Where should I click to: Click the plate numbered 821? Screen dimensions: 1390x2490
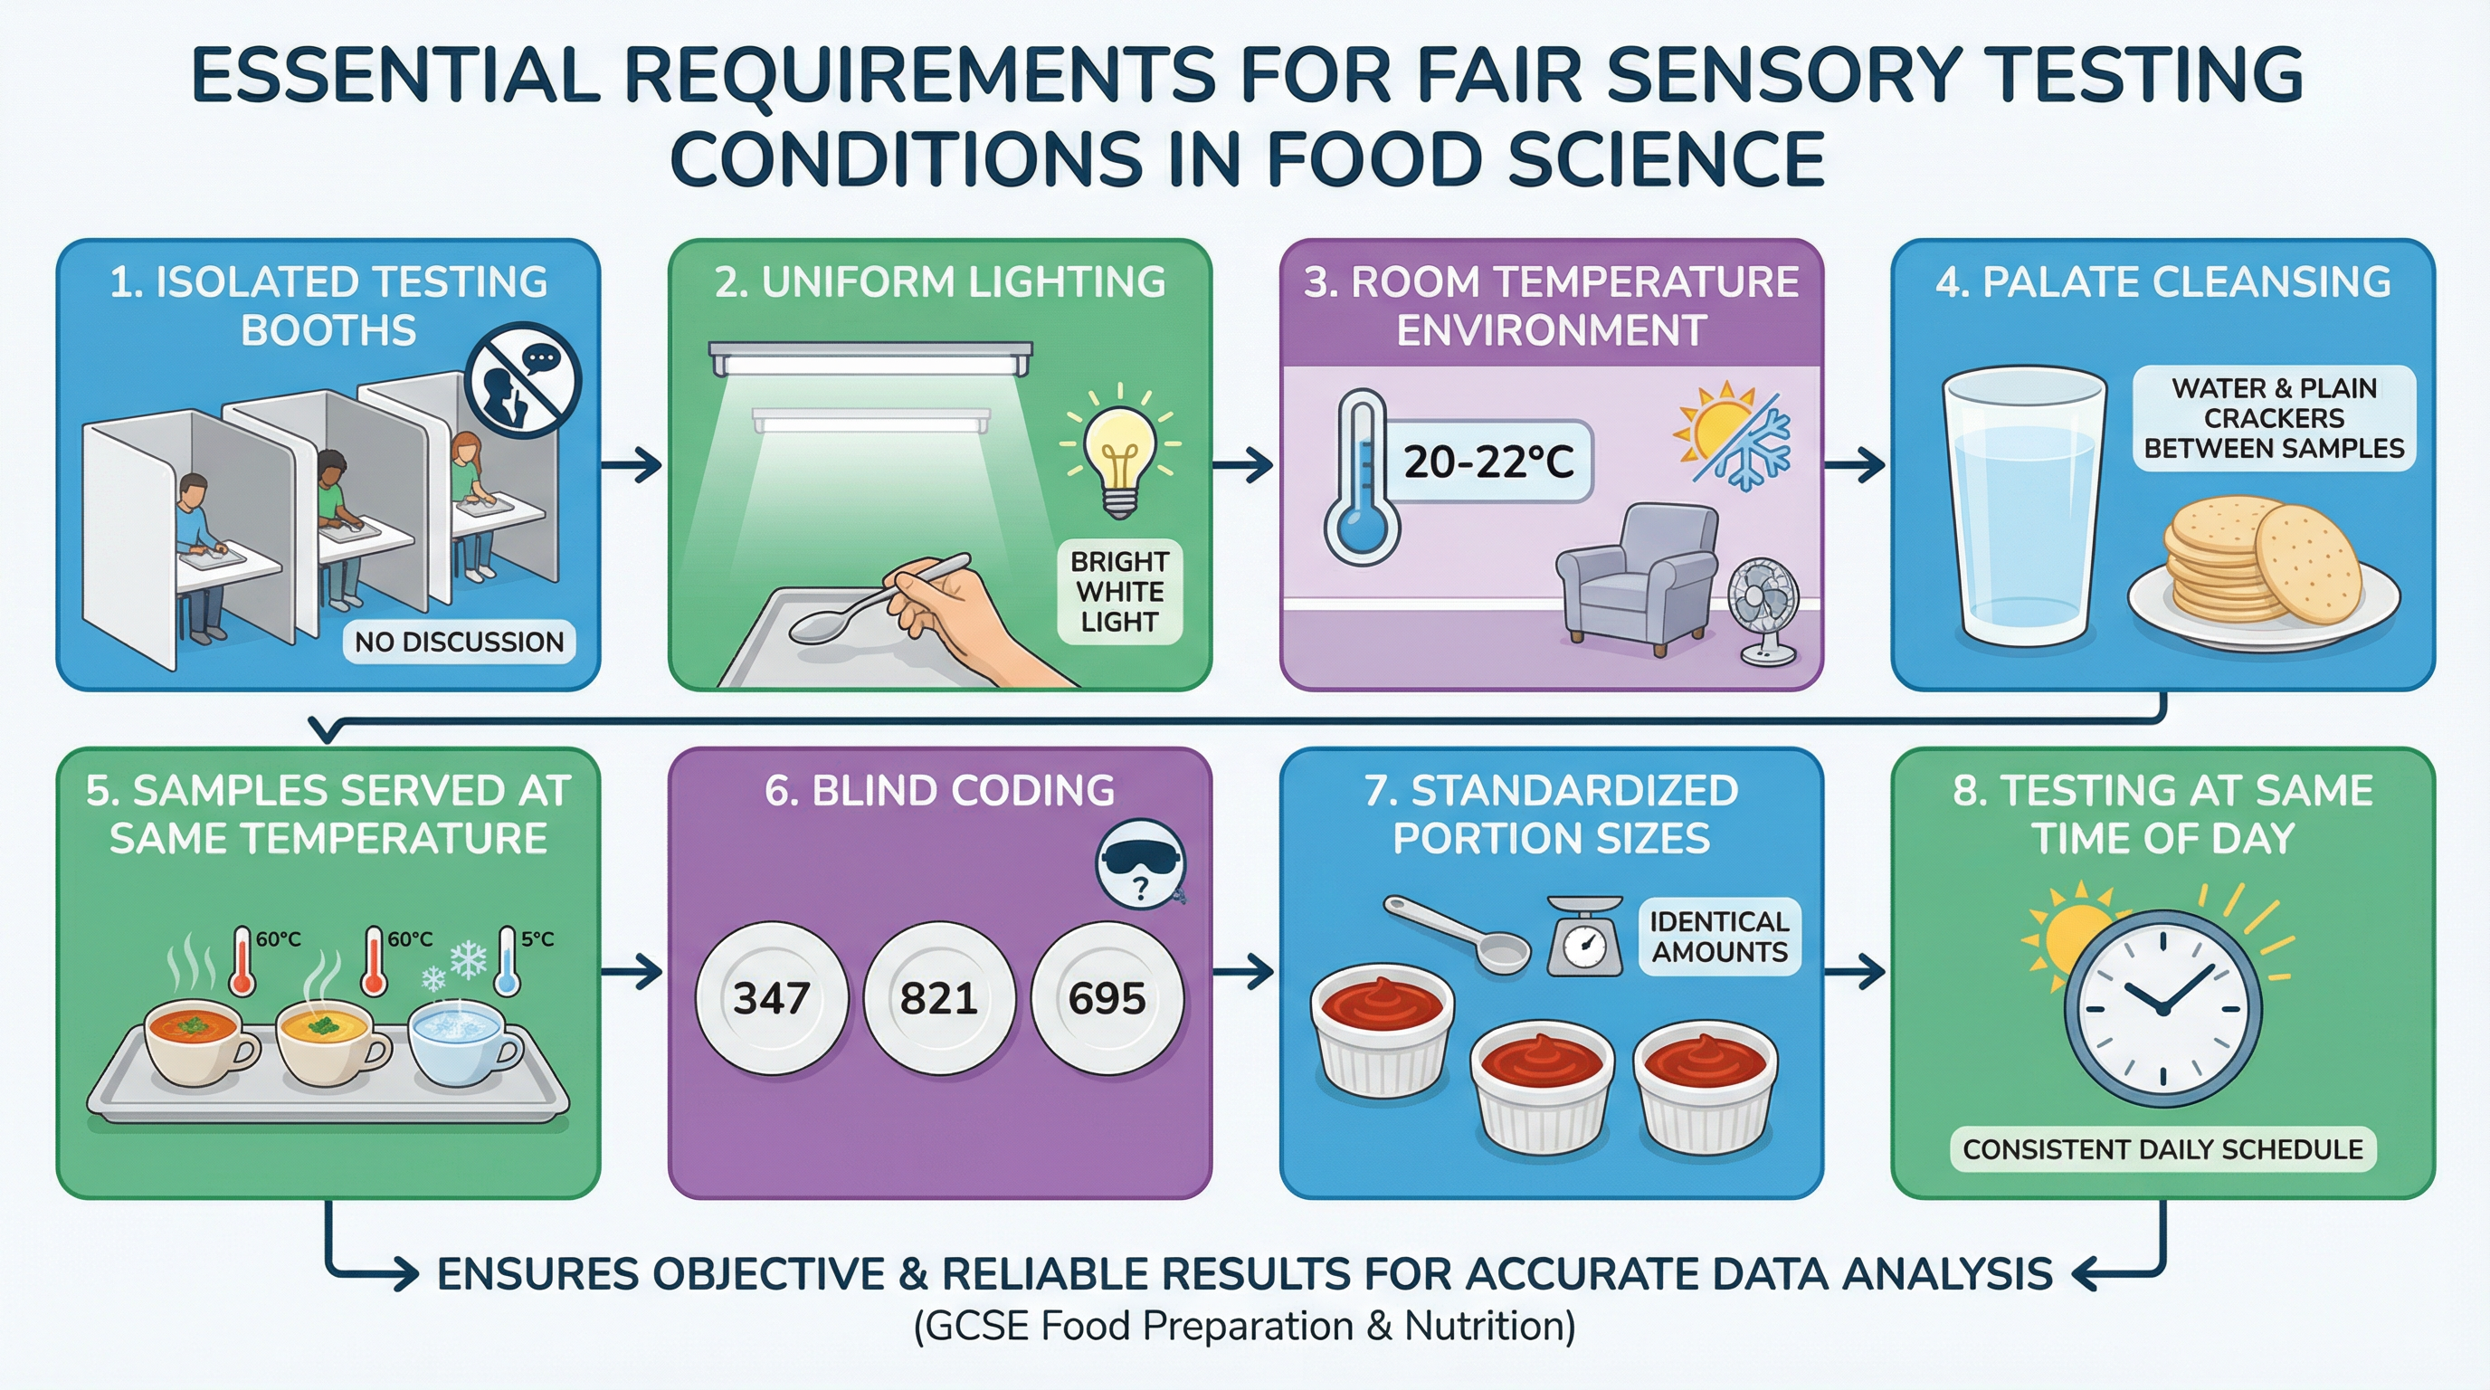pos(938,997)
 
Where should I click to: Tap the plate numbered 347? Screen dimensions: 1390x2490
pos(772,997)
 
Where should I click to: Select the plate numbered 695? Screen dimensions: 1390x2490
pos(1107,997)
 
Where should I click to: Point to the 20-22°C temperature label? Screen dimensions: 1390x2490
pos(1488,462)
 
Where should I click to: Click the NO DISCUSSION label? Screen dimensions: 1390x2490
pos(459,642)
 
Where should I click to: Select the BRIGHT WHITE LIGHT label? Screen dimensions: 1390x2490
pos(1119,592)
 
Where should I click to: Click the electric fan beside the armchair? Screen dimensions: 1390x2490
pos(1765,609)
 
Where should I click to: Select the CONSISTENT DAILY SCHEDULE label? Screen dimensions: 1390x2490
pos(2163,1149)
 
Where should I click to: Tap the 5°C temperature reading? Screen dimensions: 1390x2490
pos(537,938)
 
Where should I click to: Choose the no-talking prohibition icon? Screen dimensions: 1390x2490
pos(523,380)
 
